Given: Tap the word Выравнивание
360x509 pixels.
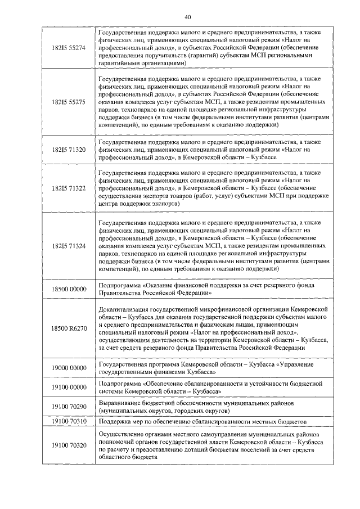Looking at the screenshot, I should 120,402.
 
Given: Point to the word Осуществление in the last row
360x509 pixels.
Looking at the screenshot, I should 121,434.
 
